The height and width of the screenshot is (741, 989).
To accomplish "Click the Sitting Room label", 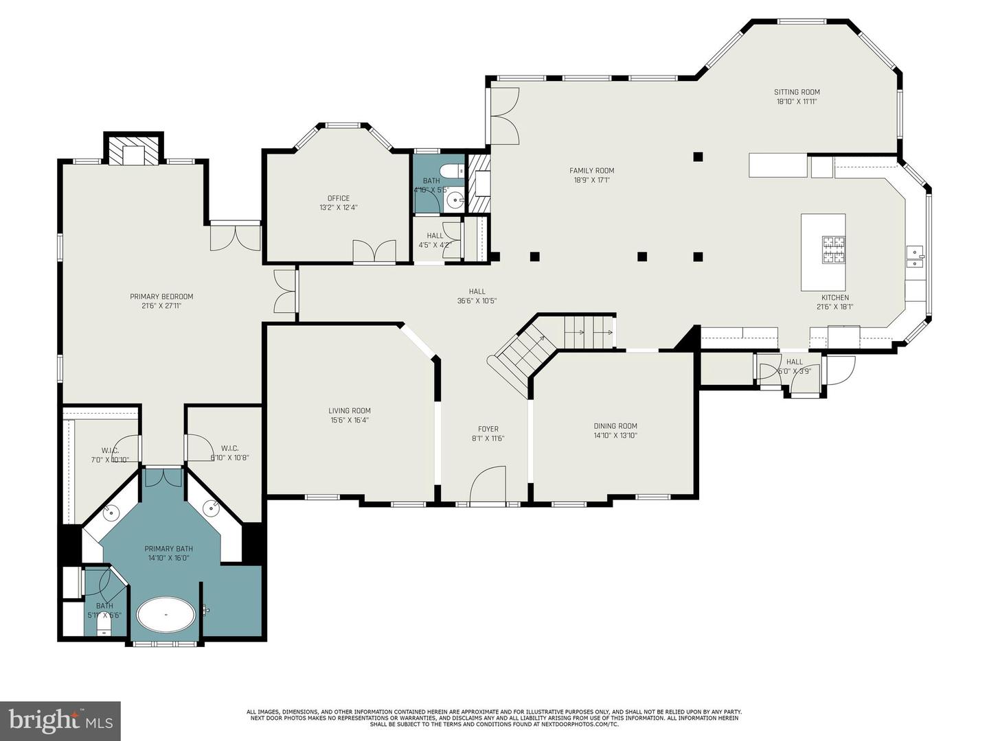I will [x=797, y=92].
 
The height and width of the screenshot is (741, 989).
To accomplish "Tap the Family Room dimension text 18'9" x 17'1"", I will [x=591, y=180].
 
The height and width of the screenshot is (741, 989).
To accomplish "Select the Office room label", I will [x=339, y=198].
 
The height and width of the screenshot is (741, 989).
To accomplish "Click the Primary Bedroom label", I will [x=161, y=296].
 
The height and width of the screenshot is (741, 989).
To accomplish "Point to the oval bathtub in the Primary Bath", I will [x=166, y=615].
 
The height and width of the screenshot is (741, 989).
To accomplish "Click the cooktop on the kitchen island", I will [x=834, y=250].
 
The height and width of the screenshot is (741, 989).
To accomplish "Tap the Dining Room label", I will [x=615, y=425].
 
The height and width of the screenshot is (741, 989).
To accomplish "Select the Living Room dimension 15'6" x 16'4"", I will [x=350, y=420].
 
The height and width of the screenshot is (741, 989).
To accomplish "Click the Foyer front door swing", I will [x=488, y=484].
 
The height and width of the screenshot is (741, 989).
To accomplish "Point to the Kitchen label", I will [x=835, y=298].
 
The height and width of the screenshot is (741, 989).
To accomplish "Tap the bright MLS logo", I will [x=60, y=720].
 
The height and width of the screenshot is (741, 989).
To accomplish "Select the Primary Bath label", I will [x=168, y=548].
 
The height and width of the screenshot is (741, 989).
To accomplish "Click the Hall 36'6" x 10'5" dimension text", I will [x=477, y=301].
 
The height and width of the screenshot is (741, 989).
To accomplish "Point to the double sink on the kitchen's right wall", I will [x=915, y=257].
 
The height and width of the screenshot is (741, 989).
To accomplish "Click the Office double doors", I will [x=374, y=251].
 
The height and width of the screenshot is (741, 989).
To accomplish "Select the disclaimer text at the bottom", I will [x=494, y=718].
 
